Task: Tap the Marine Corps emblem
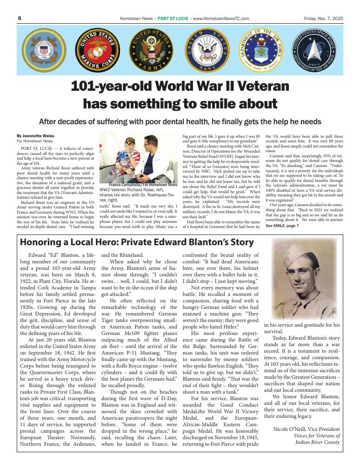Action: (x=97, y=50)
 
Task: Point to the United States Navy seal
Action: (x=207, y=50)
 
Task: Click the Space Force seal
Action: (x=315, y=50)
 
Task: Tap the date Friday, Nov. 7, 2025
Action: (x=323, y=19)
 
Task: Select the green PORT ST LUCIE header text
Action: (x=173, y=19)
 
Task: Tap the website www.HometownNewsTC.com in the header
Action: (x=221, y=19)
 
